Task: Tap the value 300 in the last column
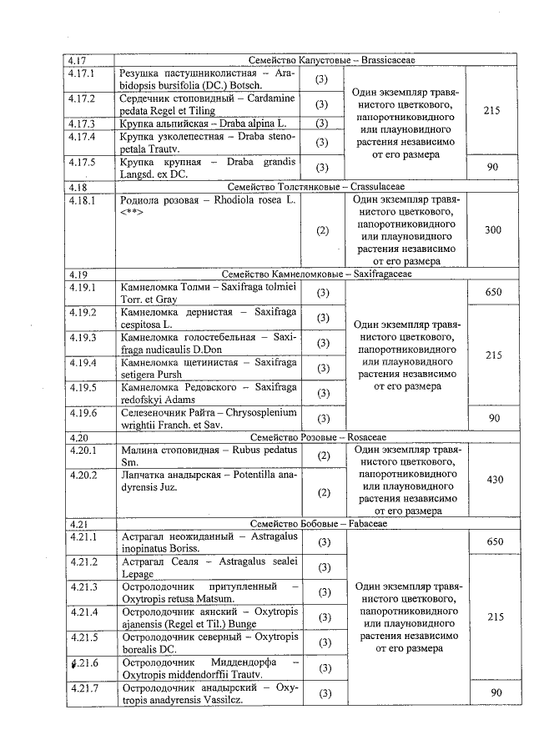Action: point(492,229)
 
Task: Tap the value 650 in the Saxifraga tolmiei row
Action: point(494,292)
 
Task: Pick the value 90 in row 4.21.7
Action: point(494,693)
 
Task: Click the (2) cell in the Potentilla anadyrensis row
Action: point(323,492)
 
